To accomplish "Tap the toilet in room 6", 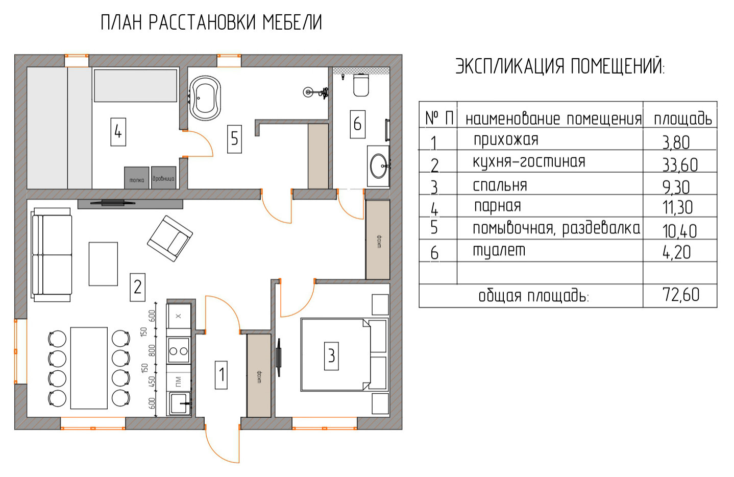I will pos(361,85).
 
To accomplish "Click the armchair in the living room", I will pos(170,238).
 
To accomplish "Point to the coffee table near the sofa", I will pos(103,264).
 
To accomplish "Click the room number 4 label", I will pos(118,132).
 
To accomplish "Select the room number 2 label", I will pos(137,287).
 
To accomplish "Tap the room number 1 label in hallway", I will pos(221,375).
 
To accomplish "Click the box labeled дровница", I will pos(163,178).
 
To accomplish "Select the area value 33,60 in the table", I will pos(680,164).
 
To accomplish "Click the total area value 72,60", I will pos(680,295).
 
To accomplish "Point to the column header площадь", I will pos(682,118).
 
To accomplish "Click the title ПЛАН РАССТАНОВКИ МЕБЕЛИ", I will pos(211,22).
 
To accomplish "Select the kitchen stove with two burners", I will pos(179,350).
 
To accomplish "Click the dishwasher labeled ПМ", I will pos(179,381).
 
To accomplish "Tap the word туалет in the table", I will pos(499,250).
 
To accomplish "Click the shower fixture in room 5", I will pos(309,92).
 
